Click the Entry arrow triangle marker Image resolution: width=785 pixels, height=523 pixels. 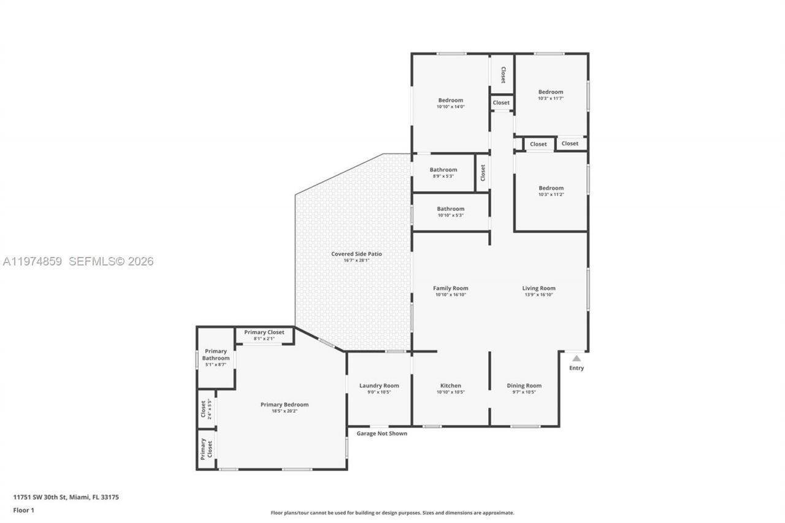click(576, 358)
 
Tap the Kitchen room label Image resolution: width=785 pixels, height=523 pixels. click(450, 386)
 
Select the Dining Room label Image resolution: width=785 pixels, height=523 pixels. click(524, 386)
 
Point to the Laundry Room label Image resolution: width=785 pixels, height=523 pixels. click(379, 386)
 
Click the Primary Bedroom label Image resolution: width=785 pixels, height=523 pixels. click(284, 405)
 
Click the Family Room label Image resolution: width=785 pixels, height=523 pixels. click(450, 288)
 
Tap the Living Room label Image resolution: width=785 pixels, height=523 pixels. click(538, 288)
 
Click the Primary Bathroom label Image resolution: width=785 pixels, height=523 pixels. click(216, 355)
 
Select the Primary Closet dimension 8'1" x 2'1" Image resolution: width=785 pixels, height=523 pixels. click(264, 338)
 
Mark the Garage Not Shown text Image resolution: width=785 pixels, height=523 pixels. click(382, 433)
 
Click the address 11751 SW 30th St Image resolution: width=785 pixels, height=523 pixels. click(66, 497)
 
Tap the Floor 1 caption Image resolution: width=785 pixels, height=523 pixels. click(24, 510)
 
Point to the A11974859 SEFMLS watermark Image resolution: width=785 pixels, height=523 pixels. click(78, 262)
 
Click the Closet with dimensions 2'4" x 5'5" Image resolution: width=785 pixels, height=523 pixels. click(206, 409)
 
